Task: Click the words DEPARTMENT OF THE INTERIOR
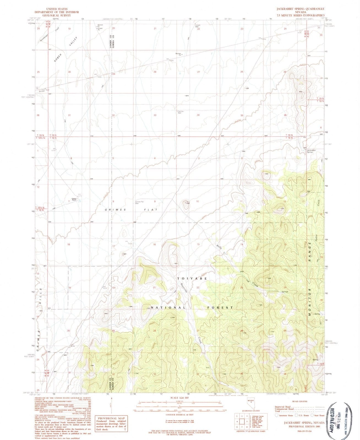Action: [x=56, y=12]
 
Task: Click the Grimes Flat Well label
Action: [x=139, y=202]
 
